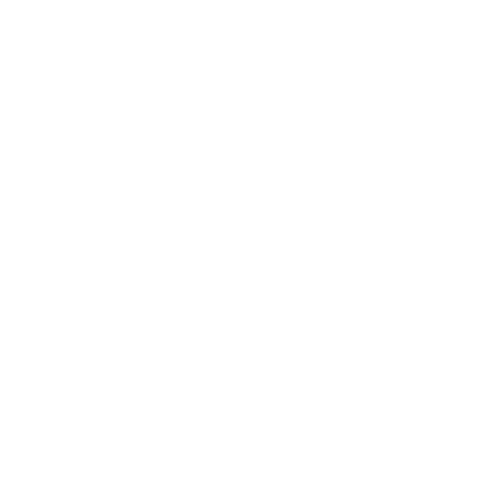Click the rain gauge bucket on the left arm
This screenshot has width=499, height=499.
tap(128, 122)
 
